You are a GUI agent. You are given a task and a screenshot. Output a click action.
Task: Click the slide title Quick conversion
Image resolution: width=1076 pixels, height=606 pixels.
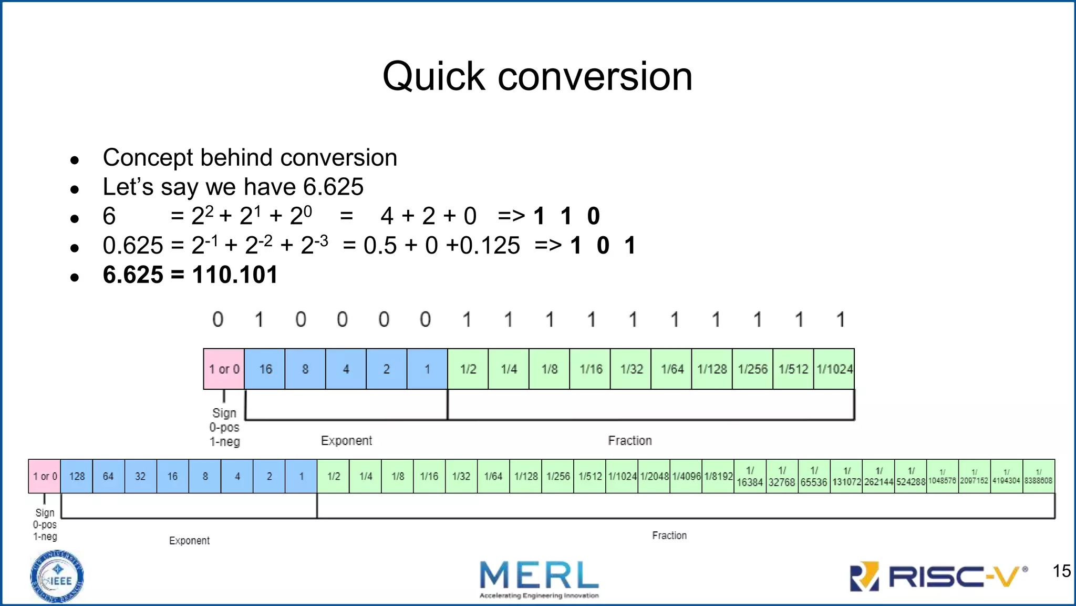537,76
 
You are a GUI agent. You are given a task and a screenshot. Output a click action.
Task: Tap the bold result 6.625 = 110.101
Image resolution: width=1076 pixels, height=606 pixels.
190,275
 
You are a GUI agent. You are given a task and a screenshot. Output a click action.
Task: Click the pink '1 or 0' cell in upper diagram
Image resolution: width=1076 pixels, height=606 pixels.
224,369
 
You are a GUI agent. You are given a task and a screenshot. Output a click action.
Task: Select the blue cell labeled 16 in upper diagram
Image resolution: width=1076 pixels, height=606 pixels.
265,369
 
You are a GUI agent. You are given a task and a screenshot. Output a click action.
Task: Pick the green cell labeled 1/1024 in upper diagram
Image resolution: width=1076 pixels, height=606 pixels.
834,369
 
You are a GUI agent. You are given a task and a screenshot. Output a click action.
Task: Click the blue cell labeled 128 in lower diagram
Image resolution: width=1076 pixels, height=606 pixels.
77,476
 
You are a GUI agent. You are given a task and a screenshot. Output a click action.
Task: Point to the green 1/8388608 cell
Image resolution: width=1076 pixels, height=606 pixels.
1038,476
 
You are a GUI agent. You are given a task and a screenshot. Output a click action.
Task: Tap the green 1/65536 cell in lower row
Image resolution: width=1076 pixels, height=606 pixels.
814,476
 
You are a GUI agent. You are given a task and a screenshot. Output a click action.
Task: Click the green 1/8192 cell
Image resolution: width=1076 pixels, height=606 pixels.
718,476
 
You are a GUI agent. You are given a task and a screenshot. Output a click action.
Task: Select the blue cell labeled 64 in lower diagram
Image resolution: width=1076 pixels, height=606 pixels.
108,476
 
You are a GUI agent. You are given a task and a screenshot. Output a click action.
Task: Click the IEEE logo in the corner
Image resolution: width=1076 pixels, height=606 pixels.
57,577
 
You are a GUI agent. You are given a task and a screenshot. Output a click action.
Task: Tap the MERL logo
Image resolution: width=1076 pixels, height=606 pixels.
539,578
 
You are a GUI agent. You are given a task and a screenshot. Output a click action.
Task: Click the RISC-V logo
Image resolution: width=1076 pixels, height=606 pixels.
938,577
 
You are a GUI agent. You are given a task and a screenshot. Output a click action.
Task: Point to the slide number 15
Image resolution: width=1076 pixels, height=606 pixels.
1061,571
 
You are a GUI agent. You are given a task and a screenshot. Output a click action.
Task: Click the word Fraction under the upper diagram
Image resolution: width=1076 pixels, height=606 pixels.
629,440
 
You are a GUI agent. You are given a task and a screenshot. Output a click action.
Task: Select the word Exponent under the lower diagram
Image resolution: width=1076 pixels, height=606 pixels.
189,540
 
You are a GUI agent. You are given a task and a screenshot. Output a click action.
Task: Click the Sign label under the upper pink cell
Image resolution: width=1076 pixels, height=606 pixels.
224,413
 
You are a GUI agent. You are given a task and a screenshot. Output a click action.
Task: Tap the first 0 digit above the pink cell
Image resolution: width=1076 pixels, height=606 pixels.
218,319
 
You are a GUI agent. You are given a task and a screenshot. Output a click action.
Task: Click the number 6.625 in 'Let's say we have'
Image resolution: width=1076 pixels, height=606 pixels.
333,187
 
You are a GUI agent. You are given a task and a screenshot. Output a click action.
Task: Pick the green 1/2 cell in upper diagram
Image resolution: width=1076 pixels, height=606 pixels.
468,369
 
